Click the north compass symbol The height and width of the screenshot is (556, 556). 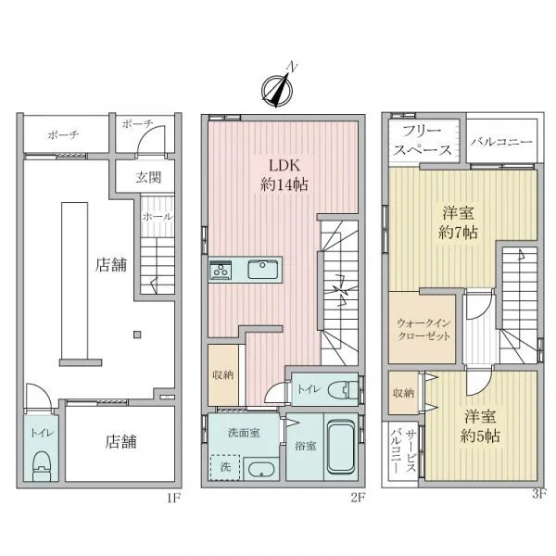tap(277, 88)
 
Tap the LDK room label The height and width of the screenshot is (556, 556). tap(284, 175)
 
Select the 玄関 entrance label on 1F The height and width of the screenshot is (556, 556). tap(148, 177)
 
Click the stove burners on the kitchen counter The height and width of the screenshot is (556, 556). tap(221, 271)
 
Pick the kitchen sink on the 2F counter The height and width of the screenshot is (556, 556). tap(263, 270)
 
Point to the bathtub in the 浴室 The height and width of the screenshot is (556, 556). tap(341, 447)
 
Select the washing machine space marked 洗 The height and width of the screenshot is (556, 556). tap(225, 467)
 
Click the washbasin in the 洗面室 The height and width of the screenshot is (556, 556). tap(261, 470)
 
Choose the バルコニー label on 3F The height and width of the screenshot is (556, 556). tap(501, 142)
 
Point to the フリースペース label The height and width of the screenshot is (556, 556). tap(422, 141)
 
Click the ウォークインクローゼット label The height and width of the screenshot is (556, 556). tap(423, 329)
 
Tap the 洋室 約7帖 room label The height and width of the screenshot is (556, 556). tap(458, 223)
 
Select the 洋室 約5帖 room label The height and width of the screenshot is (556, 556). tap(480, 426)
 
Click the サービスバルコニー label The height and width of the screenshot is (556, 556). tap(403, 450)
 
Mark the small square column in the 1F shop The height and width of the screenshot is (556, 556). tap(137, 335)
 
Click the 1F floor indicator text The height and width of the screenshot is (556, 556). tap(174, 499)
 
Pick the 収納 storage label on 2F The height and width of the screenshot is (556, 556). tap(222, 374)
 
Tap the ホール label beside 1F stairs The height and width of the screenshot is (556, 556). tap(158, 216)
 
